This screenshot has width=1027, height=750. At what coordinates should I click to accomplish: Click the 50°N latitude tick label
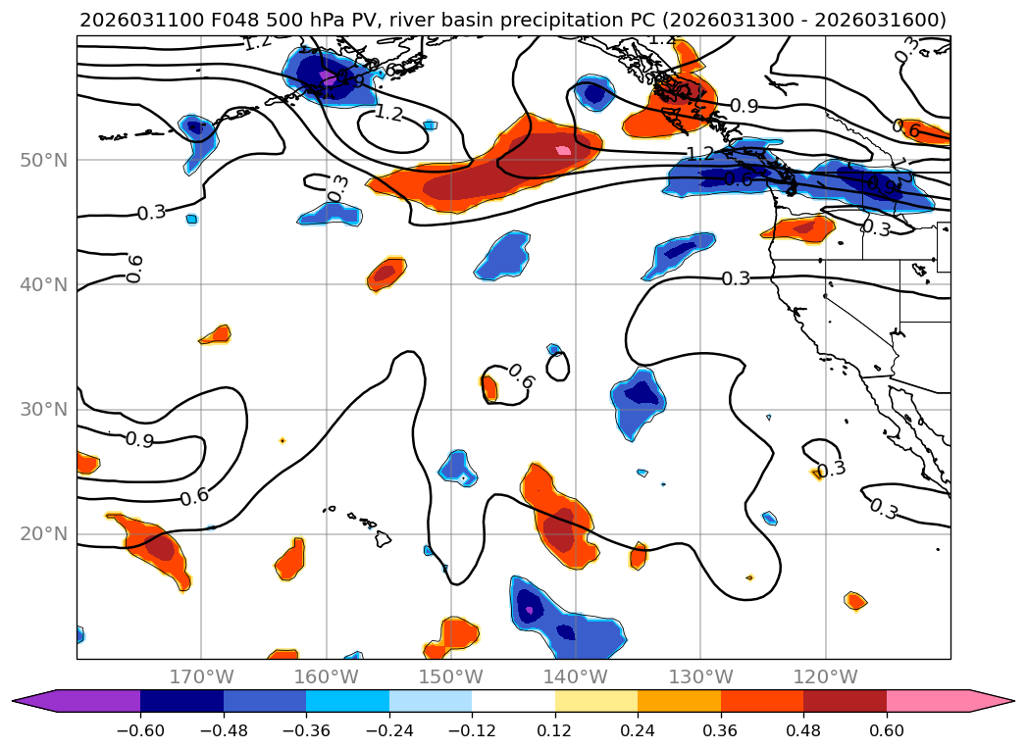pos(43,160)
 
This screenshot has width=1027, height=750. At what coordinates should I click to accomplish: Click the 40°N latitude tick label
pos(43,284)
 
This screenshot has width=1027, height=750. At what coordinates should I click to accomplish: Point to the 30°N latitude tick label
pos(43,409)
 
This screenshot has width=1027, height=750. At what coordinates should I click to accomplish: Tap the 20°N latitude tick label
pos(43,533)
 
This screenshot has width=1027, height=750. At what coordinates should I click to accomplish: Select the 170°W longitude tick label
pos(201,677)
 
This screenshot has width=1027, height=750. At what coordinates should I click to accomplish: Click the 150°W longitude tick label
pos(450,677)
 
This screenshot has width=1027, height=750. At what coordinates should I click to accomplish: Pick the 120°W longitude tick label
pos(825,677)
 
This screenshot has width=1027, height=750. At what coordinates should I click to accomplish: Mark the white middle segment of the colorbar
pos(513,701)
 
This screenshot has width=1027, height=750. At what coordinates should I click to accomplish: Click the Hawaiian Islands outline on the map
pos(379,537)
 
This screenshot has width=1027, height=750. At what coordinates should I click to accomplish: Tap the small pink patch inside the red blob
pos(562,150)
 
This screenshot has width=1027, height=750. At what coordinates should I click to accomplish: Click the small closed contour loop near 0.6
pos(557,367)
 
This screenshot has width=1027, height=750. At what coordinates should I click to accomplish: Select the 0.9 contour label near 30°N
pos(139,440)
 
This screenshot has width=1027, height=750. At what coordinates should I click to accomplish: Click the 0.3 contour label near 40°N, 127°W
pos(736,278)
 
